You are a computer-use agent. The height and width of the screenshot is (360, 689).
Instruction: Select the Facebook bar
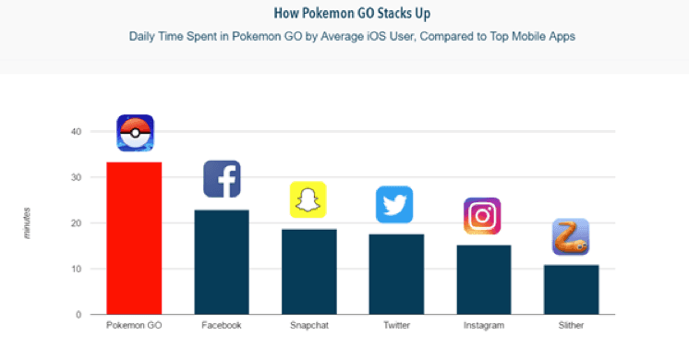pyautogui.click(x=222, y=262)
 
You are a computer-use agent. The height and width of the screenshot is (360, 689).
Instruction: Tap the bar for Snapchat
pyautogui.click(x=308, y=271)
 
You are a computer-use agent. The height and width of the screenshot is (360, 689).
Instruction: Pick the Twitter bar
pyautogui.click(x=395, y=274)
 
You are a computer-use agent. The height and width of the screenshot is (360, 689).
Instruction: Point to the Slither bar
pyautogui.click(x=570, y=290)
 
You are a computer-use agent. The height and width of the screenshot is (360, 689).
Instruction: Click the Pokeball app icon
pyautogui.click(x=135, y=133)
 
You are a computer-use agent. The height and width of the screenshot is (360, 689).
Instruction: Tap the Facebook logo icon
pyautogui.click(x=222, y=179)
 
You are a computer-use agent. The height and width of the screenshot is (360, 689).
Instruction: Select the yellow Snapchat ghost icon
pyautogui.click(x=308, y=199)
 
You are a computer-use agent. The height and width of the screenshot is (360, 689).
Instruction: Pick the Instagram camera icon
pyautogui.click(x=481, y=216)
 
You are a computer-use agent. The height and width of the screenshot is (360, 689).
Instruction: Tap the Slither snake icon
pyautogui.click(x=570, y=237)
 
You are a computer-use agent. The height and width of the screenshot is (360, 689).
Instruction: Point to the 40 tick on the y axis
pyautogui.click(x=76, y=132)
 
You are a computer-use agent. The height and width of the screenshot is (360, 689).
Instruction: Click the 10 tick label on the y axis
pyautogui.click(x=76, y=270)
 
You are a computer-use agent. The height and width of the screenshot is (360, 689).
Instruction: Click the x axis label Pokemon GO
pyautogui.click(x=135, y=326)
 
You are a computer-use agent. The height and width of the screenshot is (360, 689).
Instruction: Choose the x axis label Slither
pyautogui.click(x=570, y=326)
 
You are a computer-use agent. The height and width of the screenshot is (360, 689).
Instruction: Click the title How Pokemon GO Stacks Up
pyautogui.click(x=344, y=14)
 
